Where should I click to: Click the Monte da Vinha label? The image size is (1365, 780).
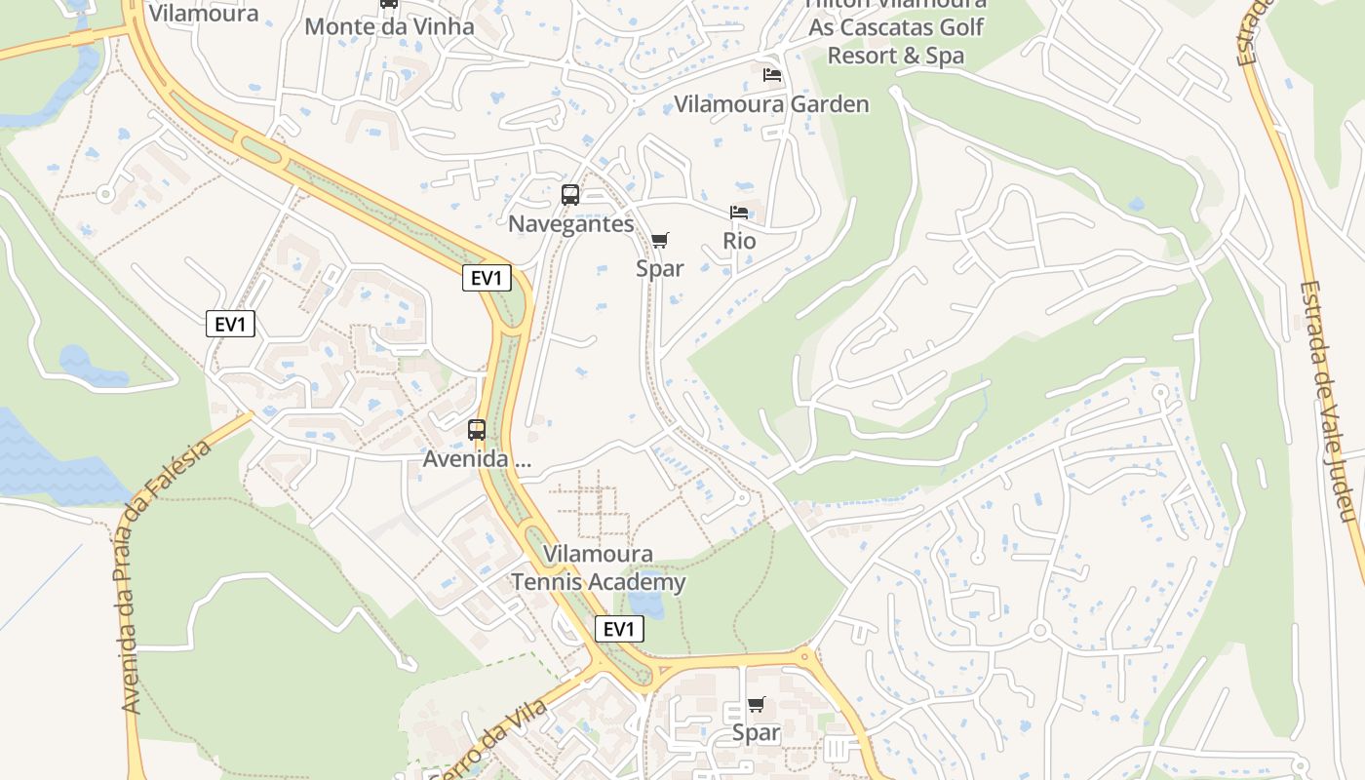tap(389, 26)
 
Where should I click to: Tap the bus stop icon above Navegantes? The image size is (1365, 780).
tap(570, 195)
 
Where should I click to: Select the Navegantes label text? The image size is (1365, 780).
tap(570, 223)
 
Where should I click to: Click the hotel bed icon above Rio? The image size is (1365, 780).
tap(739, 213)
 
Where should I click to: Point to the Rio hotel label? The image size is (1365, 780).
tap(739, 240)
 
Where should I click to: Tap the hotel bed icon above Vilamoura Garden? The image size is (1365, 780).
tap(772, 75)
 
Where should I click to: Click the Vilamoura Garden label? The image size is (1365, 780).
tap(771, 103)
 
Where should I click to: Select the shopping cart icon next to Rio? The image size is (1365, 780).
tap(660, 240)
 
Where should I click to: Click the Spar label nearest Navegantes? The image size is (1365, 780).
tap(660, 268)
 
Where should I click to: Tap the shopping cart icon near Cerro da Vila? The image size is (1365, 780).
tap(757, 704)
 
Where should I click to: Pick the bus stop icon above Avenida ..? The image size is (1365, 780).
tap(477, 429)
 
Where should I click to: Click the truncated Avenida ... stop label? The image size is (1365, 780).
tap(477, 458)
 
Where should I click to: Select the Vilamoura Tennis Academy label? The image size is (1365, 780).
tap(599, 568)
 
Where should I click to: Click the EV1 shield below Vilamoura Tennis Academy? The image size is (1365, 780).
tap(619, 629)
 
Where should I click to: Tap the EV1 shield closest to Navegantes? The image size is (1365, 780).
tap(487, 278)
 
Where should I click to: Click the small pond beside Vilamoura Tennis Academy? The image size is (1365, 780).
tap(645, 604)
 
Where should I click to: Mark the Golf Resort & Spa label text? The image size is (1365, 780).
tap(895, 55)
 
